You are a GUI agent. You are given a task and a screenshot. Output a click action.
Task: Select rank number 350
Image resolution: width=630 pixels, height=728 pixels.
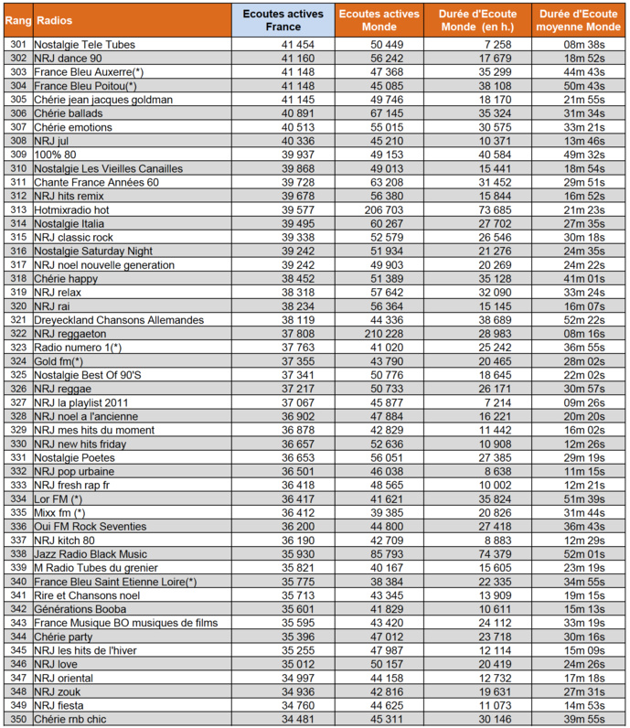[x=16, y=719]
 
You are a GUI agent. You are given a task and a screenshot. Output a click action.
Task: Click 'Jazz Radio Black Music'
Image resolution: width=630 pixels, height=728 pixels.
[x=91, y=554]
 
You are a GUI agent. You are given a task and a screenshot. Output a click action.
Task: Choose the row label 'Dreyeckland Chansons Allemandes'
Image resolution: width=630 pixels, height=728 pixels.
[x=118, y=320]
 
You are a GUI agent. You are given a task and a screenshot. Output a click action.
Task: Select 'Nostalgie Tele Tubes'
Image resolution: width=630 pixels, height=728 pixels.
[x=86, y=44]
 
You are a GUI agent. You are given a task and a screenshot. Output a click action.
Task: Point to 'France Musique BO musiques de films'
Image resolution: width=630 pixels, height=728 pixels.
[x=126, y=623]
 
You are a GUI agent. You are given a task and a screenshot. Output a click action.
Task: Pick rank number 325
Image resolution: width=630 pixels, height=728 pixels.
[x=16, y=375]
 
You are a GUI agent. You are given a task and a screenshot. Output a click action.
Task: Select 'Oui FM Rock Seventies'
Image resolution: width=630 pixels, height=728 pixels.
[x=90, y=527]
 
